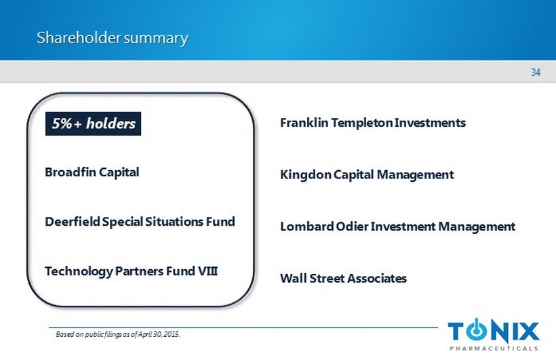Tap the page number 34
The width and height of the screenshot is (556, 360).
point(536,73)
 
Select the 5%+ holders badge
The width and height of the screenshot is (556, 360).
point(94,124)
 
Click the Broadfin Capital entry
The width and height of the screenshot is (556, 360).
point(92,172)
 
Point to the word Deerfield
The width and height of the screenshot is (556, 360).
point(73,222)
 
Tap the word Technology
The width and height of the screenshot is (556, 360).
point(79,272)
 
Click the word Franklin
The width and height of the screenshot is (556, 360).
point(304,123)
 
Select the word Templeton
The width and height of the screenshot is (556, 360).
point(361,123)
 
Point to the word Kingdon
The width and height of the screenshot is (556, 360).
point(306,175)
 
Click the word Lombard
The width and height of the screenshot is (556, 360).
point(306,226)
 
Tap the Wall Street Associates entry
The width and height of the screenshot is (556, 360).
point(343,279)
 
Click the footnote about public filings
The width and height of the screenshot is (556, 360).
point(118,334)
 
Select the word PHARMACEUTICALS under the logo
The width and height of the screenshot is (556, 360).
point(494,348)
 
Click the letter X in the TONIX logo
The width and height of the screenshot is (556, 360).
point(528,332)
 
